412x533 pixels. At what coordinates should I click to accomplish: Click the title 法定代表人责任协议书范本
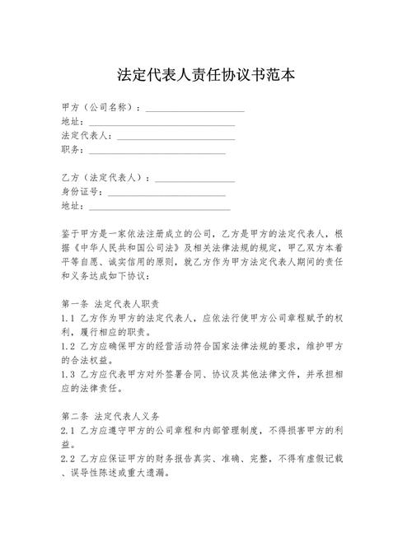click(x=206, y=75)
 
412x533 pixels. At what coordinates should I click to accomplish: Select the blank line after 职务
click(x=157, y=152)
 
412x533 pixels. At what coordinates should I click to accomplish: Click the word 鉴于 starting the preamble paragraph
click(x=71, y=233)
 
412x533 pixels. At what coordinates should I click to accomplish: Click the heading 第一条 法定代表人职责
click(x=110, y=303)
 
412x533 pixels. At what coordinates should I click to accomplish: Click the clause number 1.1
click(x=68, y=317)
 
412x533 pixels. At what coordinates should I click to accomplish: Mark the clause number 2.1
click(x=68, y=429)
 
